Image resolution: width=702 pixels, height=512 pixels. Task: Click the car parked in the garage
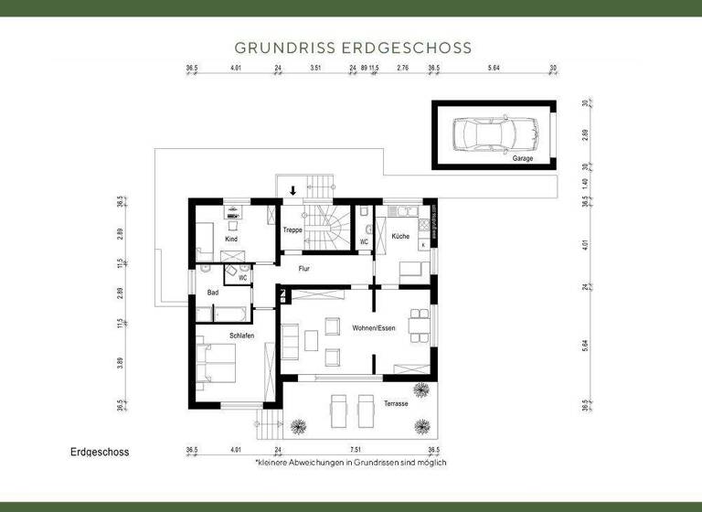click(x=495, y=134)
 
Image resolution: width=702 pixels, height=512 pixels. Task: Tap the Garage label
click(x=522, y=159)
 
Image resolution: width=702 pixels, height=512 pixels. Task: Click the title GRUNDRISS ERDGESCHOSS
click(x=353, y=47)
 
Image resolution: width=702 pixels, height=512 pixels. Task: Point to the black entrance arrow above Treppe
click(x=292, y=191)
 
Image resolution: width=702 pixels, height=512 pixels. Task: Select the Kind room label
click(x=231, y=239)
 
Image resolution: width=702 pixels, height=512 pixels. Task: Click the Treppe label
click(x=292, y=230)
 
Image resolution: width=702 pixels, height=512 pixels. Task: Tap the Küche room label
click(x=400, y=237)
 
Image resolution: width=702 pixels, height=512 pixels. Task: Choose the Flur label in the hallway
click(x=305, y=269)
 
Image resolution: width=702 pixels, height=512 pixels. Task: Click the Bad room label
click(x=212, y=293)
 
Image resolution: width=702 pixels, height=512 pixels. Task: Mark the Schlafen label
click(x=242, y=336)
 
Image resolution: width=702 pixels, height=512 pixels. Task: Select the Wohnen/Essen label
click(x=373, y=327)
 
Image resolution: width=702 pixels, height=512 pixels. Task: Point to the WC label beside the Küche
click(x=363, y=242)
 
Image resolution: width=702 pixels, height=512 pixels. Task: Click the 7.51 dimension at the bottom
click(x=356, y=450)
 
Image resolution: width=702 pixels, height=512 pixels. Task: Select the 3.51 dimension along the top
click(x=315, y=69)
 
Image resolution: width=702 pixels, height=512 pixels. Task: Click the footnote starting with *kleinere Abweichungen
click(x=351, y=464)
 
